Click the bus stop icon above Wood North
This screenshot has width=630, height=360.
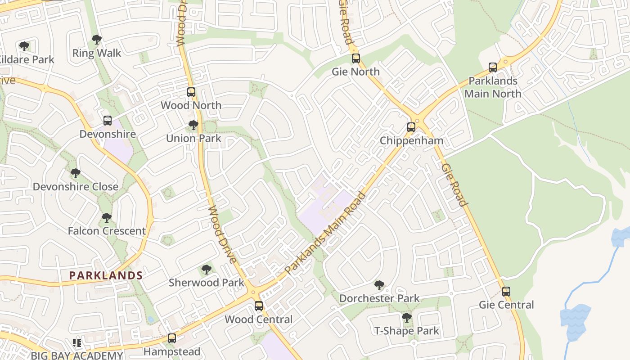[x=191, y=92]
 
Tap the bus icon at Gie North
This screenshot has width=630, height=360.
[x=356, y=58]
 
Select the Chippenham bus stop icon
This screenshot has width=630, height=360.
[x=411, y=127]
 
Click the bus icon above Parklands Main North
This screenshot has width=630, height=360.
[x=493, y=67]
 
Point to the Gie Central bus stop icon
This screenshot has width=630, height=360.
[x=506, y=292]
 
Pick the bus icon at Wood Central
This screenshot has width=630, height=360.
[x=259, y=306]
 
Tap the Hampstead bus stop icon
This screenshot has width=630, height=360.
[x=172, y=338]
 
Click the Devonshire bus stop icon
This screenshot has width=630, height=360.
[x=108, y=121]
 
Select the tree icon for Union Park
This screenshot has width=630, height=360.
[x=193, y=125]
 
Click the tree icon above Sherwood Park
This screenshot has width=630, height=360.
[x=207, y=270]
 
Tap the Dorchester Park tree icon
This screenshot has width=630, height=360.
[x=379, y=285]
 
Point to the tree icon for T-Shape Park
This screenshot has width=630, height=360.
[x=407, y=318]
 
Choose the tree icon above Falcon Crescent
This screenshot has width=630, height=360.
[x=107, y=218]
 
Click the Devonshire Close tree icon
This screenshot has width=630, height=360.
[x=76, y=173]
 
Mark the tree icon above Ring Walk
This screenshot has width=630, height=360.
[x=97, y=40]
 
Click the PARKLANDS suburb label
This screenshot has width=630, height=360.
[x=106, y=275]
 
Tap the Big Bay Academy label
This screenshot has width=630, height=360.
[x=77, y=355]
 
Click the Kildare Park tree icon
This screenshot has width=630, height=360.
[x=24, y=46]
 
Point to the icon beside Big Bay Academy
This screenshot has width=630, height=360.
[x=77, y=343]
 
